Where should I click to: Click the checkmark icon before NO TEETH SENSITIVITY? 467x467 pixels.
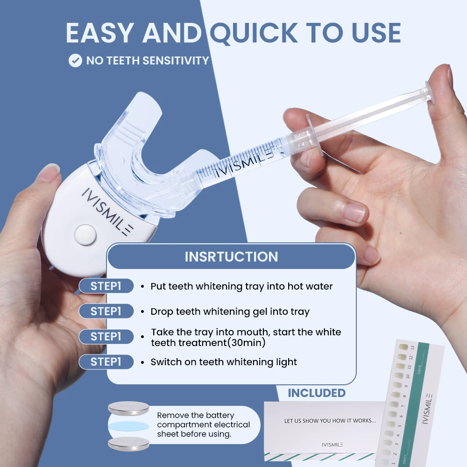(x=75, y=60)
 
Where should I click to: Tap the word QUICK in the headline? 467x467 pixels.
(x=253, y=33)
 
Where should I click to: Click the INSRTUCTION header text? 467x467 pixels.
(x=231, y=257)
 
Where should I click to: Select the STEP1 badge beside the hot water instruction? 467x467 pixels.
(x=106, y=286)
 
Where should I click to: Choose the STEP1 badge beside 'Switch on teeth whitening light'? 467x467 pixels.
(x=106, y=362)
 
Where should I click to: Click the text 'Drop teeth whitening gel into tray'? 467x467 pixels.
(x=230, y=311)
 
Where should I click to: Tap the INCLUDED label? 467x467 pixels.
(x=317, y=393)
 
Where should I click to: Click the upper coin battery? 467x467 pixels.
(x=129, y=409)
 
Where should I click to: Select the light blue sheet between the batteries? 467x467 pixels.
(x=129, y=426)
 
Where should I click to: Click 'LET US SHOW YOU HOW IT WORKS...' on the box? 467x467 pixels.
(x=330, y=421)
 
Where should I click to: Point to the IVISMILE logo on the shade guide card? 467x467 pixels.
(x=429, y=406)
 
